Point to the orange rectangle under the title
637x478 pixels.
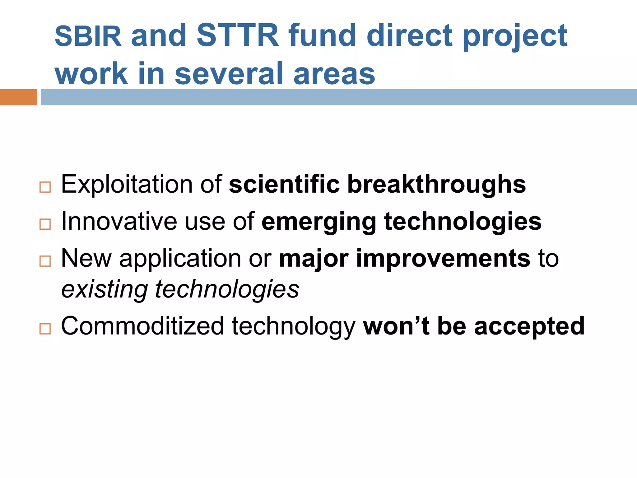coord(18,97)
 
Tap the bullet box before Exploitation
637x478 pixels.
coord(45,187)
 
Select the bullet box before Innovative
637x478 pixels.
coord(45,224)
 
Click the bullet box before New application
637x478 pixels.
coord(45,261)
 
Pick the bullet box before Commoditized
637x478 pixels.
coord(45,329)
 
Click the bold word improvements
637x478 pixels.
coord(443,258)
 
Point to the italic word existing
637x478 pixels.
coord(105,289)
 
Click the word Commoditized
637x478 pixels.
coord(142,326)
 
